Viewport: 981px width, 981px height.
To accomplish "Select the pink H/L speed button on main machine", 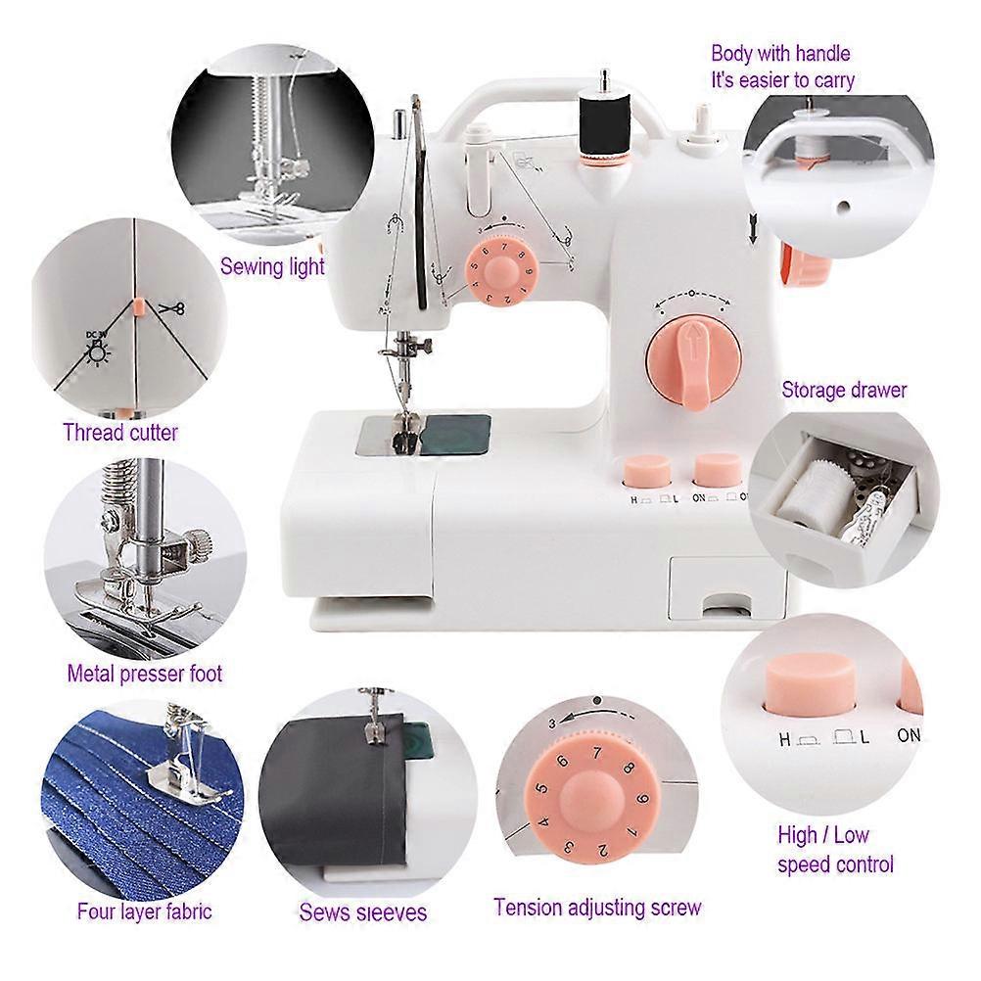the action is coord(647,471).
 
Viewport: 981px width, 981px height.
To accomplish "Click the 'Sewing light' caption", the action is coord(272,266).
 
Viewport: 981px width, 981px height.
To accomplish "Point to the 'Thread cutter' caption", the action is coord(120,433).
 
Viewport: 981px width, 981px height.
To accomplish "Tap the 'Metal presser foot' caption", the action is coord(145,674).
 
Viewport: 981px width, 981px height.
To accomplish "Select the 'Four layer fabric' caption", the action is coord(145,911).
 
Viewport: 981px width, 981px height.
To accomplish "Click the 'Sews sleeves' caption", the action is coord(363,911).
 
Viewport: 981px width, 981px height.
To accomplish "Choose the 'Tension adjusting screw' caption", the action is coord(597,908).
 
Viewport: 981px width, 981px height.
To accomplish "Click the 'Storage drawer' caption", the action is coord(844,391).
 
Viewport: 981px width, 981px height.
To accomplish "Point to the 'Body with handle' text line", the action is coord(781,54).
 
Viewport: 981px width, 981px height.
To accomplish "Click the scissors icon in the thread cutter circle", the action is coord(171,307).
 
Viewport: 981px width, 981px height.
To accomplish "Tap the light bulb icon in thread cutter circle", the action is coord(98,354).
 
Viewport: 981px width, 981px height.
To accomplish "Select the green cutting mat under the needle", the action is coord(456,434).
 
